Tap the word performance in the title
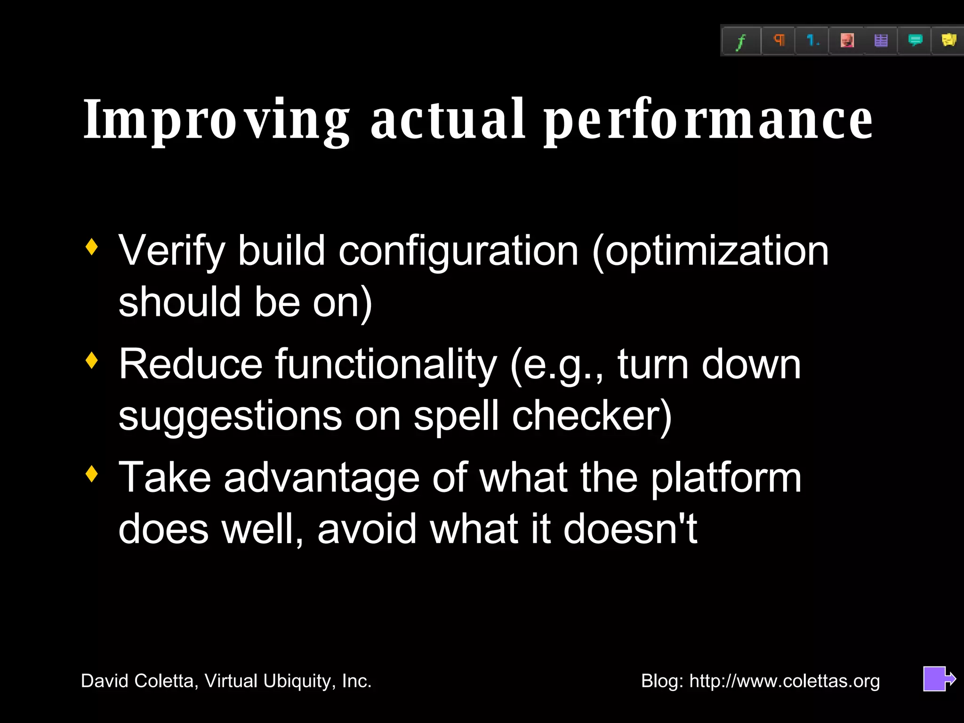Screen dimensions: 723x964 tap(708, 120)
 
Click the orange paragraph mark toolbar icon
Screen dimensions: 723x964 tap(779, 40)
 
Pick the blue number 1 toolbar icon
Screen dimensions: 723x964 tap(812, 40)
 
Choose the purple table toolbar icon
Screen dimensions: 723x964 tap(881, 40)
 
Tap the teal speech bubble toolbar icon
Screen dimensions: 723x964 tap(915, 40)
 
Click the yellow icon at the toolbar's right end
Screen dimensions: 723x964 tap(948, 40)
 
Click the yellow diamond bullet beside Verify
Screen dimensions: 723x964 tap(92, 247)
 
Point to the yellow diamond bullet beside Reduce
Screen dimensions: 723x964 tap(92, 361)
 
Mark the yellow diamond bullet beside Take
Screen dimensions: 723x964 tap(92, 474)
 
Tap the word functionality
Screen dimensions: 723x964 tap(386, 365)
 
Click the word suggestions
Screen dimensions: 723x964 tap(230, 417)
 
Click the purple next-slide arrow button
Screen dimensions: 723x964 tap(938, 679)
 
